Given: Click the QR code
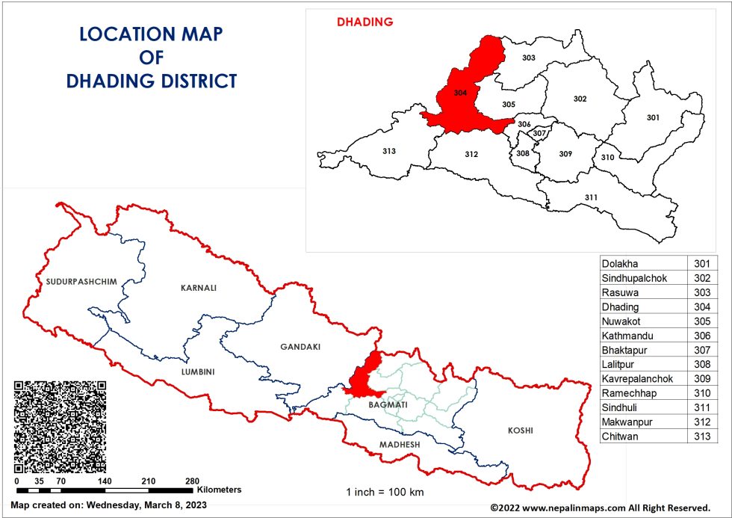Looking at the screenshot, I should (60, 425).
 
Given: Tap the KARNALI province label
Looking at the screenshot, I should (197, 287).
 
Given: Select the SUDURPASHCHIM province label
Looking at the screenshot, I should (70, 282).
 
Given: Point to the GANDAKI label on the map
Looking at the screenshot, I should (300, 347).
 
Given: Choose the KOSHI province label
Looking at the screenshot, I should (521, 431).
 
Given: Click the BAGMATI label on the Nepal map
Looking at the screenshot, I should (388, 404).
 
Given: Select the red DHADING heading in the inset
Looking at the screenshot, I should (365, 22).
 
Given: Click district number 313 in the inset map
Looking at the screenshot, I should (388, 151).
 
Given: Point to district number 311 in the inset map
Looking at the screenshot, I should (591, 197).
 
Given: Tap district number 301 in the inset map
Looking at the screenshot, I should (653, 117).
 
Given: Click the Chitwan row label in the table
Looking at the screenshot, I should (620, 437).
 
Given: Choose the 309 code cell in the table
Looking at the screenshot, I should (702, 379).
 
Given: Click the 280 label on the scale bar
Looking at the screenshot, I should (193, 481).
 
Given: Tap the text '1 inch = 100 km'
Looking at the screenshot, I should (384, 493).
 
